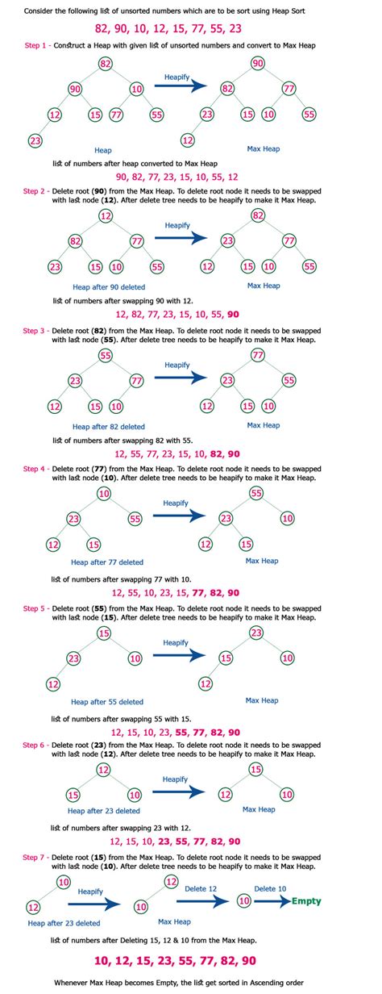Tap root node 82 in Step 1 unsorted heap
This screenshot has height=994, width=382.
tap(106, 64)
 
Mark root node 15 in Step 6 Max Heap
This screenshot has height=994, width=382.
tap(255, 770)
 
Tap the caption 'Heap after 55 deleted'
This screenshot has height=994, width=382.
tap(107, 702)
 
